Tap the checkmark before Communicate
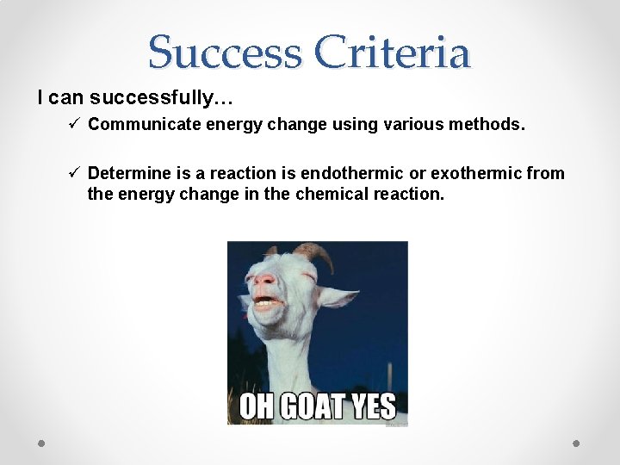(75, 124)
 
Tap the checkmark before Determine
(75, 173)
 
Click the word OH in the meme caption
(256, 406)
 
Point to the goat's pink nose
(267, 281)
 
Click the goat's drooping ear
(338, 297)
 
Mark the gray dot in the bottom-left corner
(42, 443)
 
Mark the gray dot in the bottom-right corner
(577, 443)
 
